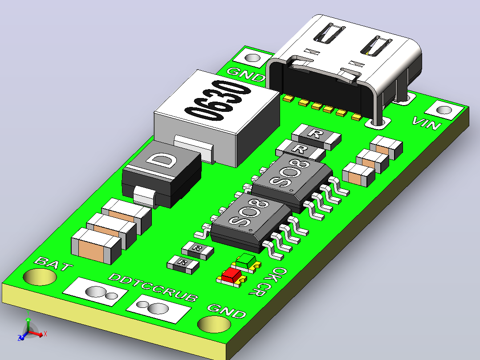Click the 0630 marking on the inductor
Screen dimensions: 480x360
coord(218,102)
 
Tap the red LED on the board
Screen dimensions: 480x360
coord(232,276)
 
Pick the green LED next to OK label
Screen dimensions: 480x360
coord(247,262)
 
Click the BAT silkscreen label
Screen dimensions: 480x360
coord(53,264)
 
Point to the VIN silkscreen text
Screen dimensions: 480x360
coord(427,123)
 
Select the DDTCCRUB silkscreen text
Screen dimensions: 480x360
coord(153,287)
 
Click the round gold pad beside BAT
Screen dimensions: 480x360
coord(40,277)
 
